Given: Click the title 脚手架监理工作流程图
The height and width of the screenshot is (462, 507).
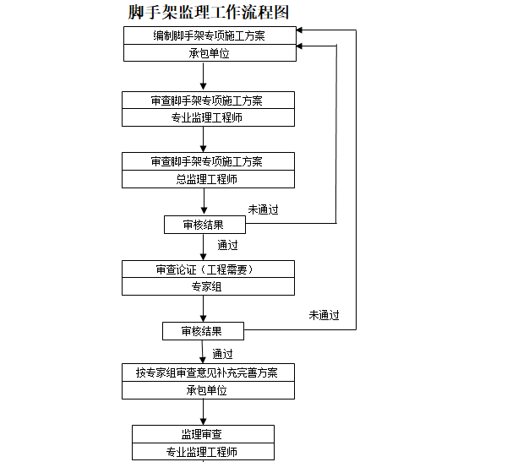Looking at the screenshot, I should point(209,12).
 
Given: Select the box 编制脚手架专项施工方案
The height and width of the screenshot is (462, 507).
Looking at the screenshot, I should point(209,35).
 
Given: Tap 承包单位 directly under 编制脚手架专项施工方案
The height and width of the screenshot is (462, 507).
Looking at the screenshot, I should point(209,52).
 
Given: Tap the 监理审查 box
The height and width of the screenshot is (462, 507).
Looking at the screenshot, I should point(203,433).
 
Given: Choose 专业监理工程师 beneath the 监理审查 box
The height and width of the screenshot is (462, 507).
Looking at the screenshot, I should point(203,451).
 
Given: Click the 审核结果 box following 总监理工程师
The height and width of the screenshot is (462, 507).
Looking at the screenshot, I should point(204,225).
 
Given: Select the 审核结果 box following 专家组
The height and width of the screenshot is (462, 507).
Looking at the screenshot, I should point(203,330).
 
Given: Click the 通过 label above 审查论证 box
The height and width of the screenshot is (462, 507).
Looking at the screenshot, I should point(228,246).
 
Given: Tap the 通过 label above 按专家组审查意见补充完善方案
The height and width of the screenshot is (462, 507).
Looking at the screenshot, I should point(223,353).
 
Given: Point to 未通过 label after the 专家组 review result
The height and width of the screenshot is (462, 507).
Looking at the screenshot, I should point(324,315).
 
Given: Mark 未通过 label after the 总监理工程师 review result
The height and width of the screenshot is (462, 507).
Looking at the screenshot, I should point(263,209).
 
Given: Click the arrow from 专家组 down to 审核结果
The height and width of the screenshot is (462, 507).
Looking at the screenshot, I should point(203,309).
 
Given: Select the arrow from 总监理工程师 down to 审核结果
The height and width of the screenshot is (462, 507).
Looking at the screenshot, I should point(203,202).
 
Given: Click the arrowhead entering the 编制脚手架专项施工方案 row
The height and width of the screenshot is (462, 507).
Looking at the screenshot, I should point(303,30).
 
